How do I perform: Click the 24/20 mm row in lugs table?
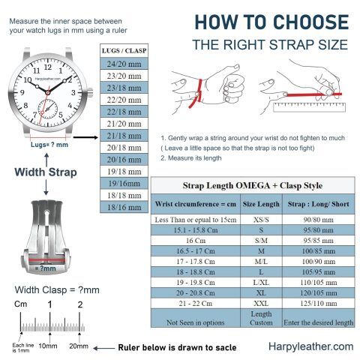124,64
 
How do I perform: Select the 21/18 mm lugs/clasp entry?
124,136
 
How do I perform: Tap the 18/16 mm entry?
124,207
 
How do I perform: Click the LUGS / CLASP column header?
124,51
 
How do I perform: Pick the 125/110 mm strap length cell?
319,303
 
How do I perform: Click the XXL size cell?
261,303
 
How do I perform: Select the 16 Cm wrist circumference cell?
196,241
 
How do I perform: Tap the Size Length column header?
261,204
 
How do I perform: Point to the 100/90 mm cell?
319,262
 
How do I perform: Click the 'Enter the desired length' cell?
319,318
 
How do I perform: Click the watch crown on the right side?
90,93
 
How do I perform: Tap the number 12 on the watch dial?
48,67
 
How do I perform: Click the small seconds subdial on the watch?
48,109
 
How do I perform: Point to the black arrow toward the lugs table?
85,137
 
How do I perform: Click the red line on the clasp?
46,260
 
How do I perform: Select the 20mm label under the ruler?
79,346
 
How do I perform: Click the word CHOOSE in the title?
311,22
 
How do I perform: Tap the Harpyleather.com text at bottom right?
311,346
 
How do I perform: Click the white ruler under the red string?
309,107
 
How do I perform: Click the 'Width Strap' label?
46,172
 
